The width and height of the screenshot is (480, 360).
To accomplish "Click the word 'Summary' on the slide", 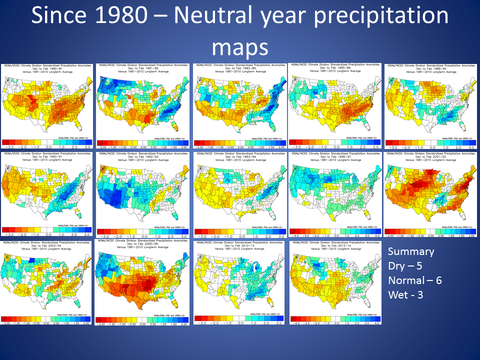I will pyautogui.click(x=411, y=251).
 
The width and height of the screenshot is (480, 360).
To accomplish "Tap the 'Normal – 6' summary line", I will pyautogui.click(x=414, y=280).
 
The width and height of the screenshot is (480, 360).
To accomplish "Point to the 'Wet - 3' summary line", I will pyautogui.click(x=405, y=295).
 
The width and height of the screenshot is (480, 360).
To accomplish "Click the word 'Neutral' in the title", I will pyautogui.click(x=213, y=16).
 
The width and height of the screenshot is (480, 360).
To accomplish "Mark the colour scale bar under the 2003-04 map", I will pyautogui.click(x=46, y=318).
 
